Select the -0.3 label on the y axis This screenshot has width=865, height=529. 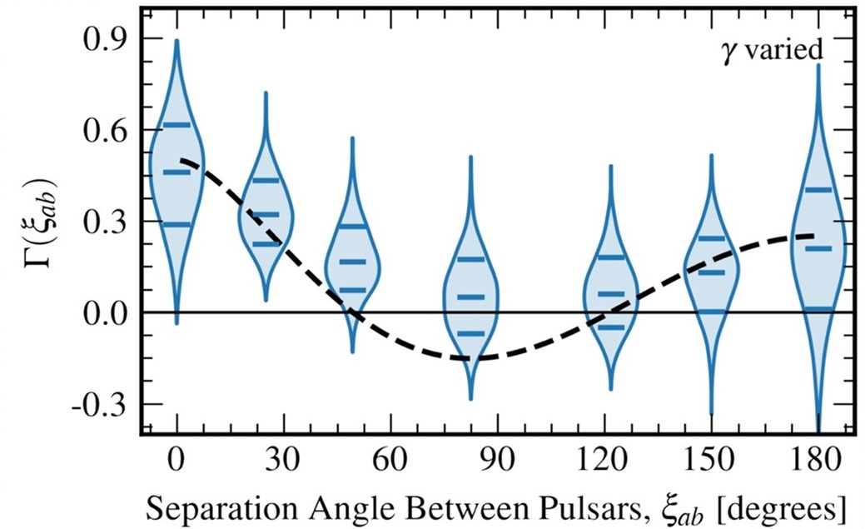click(x=97, y=405)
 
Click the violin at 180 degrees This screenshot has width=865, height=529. click(x=818, y=250)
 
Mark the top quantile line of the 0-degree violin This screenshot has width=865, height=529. click(x=176, y=125)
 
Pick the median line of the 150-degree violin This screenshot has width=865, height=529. click(x=711, y=272)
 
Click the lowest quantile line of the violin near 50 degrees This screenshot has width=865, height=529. click(x=353, y=290)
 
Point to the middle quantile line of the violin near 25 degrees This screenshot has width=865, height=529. click(x=266, y=215)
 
